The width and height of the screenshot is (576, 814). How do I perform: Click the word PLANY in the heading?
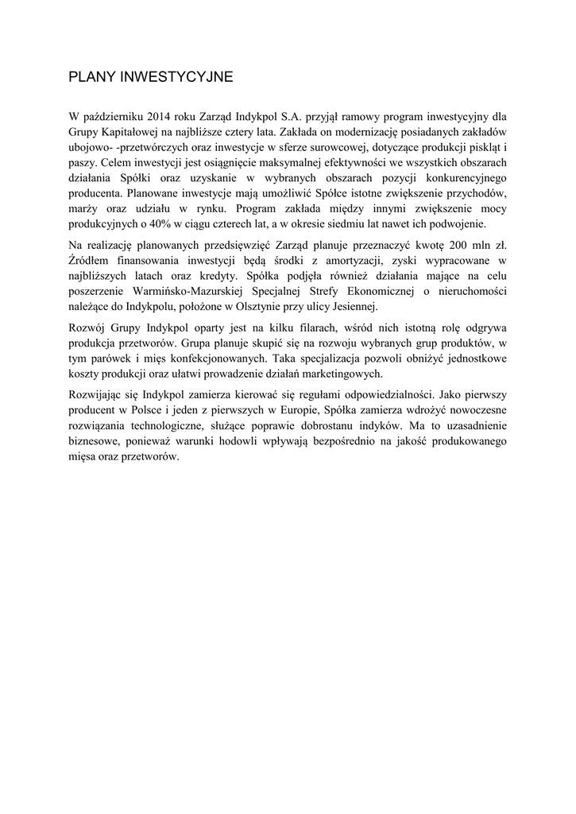tap(91, 78)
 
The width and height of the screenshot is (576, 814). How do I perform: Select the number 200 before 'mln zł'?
tap(458, 246)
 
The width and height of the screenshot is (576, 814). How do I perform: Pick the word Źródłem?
tap(91, 261)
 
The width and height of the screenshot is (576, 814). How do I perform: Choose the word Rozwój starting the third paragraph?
tap(87, 328)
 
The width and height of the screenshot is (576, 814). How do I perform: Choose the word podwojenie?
tap(462, 224)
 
